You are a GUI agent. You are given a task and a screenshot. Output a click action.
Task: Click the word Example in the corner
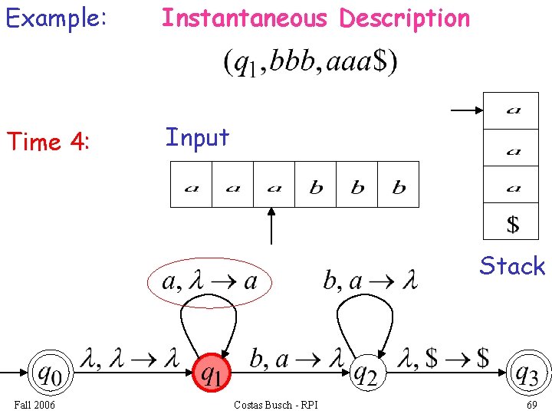(56, 18)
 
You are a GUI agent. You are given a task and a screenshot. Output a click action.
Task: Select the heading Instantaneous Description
(315, 18)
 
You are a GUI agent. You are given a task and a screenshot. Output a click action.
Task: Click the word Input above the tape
(197, 138)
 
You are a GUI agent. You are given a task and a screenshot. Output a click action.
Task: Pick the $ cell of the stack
(513, 224)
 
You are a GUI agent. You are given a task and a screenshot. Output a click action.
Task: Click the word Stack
(512, 266)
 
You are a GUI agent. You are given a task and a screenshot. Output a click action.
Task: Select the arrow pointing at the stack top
(465, 110)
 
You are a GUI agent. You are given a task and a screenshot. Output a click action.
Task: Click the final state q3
(527, 374)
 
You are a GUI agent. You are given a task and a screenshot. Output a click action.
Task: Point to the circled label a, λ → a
(209, 281)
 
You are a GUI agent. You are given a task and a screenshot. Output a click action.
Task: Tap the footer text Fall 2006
(34, 404)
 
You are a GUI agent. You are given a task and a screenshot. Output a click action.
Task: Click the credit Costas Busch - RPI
(275, 404)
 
